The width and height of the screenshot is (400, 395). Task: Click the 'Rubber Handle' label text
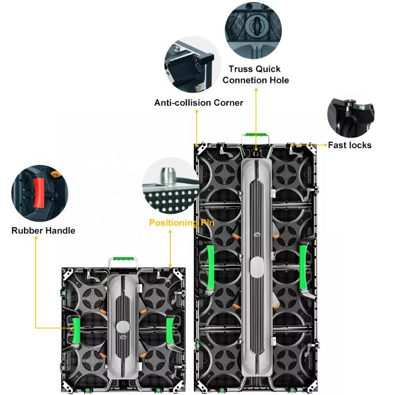43,231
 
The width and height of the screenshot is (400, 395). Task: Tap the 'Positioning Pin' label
182,223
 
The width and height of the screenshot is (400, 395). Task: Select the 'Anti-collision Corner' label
199,103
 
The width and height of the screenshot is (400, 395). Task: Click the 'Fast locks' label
350,145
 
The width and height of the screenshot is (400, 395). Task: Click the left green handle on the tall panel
211,266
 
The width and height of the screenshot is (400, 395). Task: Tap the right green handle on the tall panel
303,266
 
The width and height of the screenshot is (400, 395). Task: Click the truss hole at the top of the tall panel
256,148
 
